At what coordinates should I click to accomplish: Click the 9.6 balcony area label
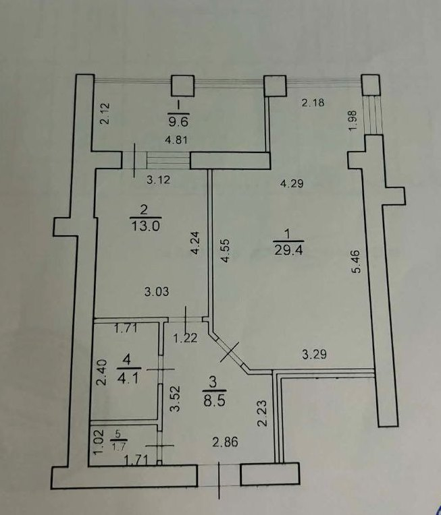tap(178, 121)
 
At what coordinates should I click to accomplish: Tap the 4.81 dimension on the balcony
tap(177, 141)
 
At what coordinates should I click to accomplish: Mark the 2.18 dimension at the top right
tap(313, 102)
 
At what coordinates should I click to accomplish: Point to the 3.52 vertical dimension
tap(175, 399)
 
